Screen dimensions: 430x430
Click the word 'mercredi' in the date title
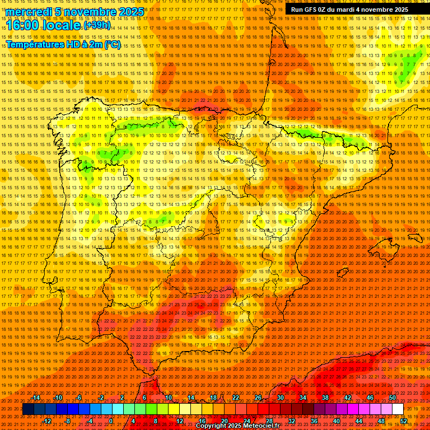(x=26, y=12)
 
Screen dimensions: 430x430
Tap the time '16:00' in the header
(x=23, y=26)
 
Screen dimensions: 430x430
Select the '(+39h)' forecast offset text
(x=97, y=26)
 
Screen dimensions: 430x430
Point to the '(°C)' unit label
(x=111, y=44)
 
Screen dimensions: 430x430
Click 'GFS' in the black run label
(x=313, y=10)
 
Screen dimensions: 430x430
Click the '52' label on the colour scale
(x=404, y=420)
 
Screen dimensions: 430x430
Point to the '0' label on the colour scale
(x=111, y=420)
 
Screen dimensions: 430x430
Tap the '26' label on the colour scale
(x=258, y=398)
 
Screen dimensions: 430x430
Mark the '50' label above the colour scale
(x=392, y=398)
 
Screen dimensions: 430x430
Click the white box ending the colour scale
(x=398, y=409)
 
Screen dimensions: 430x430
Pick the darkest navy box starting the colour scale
(x=28, y=409)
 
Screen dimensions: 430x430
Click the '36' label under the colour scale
(x=314, y=420)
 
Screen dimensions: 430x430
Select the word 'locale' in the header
(x=62, y=26)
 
